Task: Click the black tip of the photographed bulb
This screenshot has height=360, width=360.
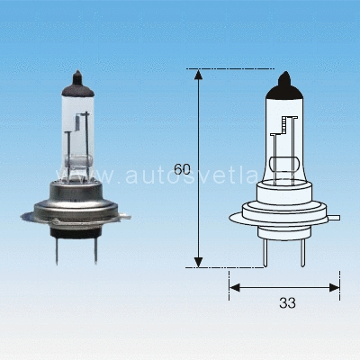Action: coord(77,81)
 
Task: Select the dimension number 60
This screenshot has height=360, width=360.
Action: coord(182,169)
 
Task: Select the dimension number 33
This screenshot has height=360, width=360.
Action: coord(287,303)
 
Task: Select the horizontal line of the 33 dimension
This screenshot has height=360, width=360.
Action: coord(270,287)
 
